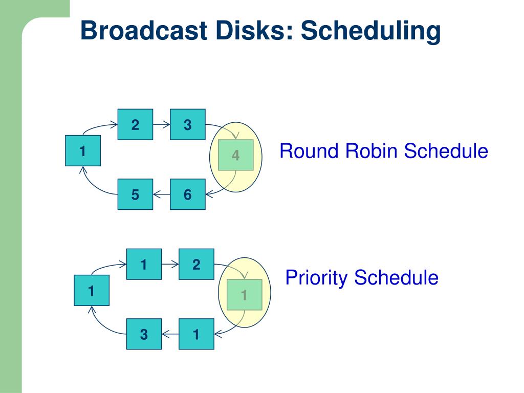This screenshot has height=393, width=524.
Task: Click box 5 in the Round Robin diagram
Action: point(135,194)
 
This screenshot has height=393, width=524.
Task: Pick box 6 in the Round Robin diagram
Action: point(187,194)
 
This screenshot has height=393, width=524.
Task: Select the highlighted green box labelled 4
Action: point(235,155)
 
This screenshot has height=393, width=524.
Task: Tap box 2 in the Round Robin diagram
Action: point(135,124)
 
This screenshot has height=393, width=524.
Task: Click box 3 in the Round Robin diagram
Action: point(187,124)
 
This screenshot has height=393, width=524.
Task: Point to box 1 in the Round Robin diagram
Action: point(83,151)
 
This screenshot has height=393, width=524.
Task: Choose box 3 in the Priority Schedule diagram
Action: point(144,334)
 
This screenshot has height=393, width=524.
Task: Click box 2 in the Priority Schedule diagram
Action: point(196,265)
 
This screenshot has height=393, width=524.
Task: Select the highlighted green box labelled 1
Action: point(244,295)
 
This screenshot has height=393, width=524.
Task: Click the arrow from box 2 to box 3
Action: point(161,124)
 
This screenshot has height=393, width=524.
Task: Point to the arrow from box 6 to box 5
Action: point(161,194)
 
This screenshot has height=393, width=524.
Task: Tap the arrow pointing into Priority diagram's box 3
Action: point(170,334)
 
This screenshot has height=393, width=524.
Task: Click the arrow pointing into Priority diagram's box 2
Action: point(170,265)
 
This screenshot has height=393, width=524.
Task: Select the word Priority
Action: point(317,278)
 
